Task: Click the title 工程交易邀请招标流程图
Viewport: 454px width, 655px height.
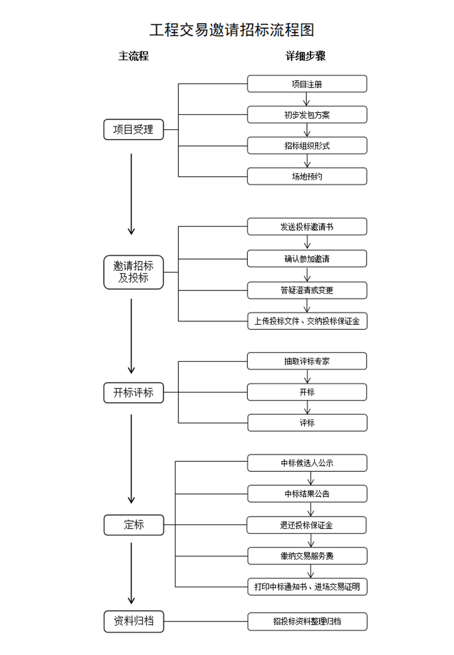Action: point(232,30)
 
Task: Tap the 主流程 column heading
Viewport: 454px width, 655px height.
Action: point(133,56)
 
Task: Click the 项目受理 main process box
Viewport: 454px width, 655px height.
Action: point(133,130)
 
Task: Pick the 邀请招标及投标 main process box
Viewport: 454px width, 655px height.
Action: point(133,272)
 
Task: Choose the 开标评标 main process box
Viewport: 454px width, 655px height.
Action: point(133,392)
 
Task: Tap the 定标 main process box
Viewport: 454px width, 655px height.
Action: point(133,525)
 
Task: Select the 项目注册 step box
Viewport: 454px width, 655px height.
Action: point(307,84)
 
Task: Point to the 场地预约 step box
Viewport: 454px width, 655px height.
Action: point(307,176)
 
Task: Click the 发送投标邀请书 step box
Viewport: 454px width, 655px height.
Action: point(307,227)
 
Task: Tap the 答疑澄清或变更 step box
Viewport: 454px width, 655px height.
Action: point(307,290)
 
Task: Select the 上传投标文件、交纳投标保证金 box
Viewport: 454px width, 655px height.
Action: point(307,321)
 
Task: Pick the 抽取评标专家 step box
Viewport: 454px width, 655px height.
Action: point(307,361)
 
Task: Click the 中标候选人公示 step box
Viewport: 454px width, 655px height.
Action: point(307,463)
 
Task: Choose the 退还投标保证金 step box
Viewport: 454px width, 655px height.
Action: point(307,525)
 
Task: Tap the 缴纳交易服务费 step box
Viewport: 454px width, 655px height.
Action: point(307,556)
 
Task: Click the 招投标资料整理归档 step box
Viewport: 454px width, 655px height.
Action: point(307,621)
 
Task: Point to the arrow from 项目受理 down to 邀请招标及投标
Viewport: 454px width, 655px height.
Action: point(131,194)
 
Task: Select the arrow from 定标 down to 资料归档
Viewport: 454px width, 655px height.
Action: point(131,574)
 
